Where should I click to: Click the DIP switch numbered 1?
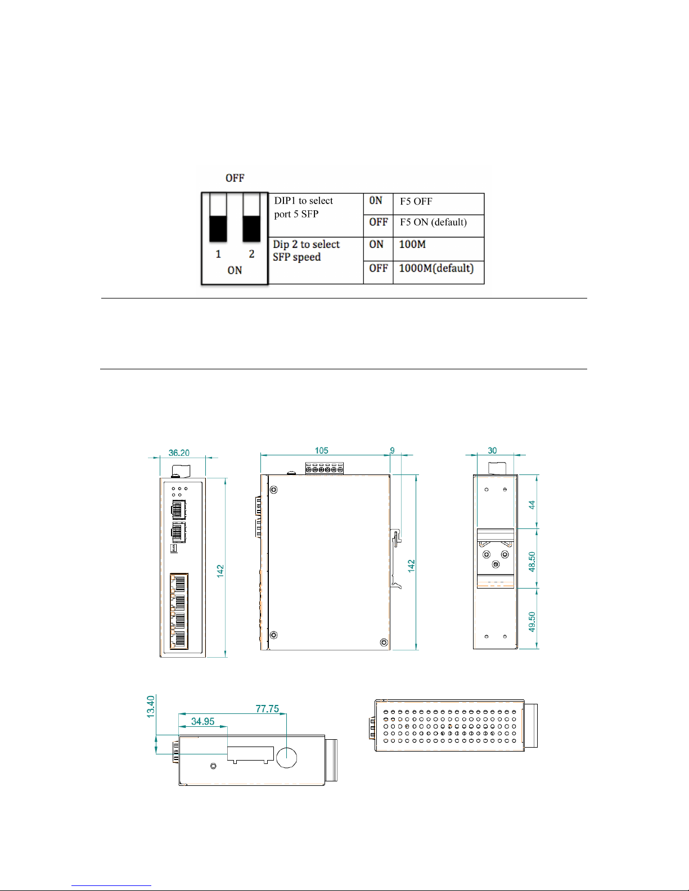pyautogui.click(x=218, y=218)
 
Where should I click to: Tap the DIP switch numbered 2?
pyautogui.click(x=251, y=218)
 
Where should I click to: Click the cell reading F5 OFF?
pyautogui.click(x=416, y=202)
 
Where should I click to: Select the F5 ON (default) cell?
pyautogui.click(x=433, y=223)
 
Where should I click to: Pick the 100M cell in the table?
pyautogui.click(x=412, y=245)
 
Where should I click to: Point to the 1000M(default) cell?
pyautogui.click(x=436, y=269)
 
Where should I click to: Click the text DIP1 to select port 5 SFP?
pyautogui.click(x=304, y=207)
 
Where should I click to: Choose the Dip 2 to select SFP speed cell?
pyautogui.click(x=306, y=251)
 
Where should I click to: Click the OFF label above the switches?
pyautogui.click(x=235, y=178)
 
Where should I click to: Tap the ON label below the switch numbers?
pyautogui.click(x=235, y=270)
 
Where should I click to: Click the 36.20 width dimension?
pyautogui.click(x=179, y=453)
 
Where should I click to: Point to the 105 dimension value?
pyautogui.click(x=321, y=450)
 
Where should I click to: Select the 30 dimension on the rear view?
pyautogui.click(x=492, y=450)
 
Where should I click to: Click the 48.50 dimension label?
pyautogui.click(x=532, y=562)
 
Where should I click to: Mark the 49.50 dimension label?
pyautogui.click(x=532, y=622)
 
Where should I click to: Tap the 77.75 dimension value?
pyautogui.click(x=267, y=709)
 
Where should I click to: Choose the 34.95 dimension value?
pyautogui.click(x=202, y=721)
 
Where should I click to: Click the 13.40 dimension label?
pyautogui.click(x=150, y=707)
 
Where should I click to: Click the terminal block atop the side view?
pyautogui.click(x=324, y=468)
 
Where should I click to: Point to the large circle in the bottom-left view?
pyautogui.click(x=287, y=757)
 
